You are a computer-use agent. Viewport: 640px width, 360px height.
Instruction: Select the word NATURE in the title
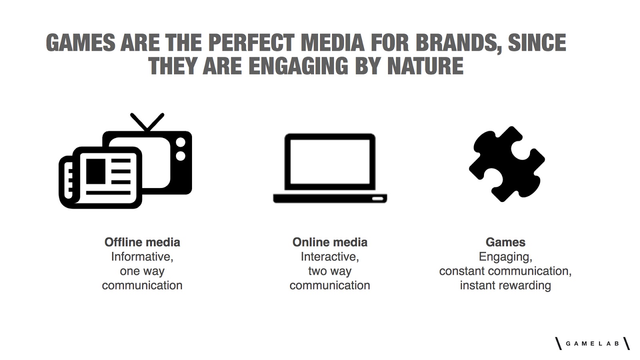pos(425,66)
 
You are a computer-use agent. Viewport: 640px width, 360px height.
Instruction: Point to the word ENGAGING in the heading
pos(298,66)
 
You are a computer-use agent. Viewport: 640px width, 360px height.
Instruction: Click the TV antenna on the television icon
pos(147,122)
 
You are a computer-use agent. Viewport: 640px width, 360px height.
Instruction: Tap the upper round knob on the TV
pos(180,142)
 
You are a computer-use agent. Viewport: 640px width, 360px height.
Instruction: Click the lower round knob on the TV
pos(180,156)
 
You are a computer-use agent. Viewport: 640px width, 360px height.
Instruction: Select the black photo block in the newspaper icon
pos(96,172)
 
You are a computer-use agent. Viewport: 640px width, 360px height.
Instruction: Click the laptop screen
pos(330,162)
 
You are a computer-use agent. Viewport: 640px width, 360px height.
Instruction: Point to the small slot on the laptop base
pos(378,198)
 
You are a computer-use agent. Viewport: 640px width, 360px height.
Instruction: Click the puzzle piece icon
pos(506,164)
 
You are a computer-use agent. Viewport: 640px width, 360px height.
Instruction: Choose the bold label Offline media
pos(142,242)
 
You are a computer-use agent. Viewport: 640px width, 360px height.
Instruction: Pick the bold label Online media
pos(330,242)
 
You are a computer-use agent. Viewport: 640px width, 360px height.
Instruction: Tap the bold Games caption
pos(506,242)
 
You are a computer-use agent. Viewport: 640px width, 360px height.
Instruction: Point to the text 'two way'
pos(330,271)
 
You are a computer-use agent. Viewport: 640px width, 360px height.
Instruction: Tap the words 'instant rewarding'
pos(506,286)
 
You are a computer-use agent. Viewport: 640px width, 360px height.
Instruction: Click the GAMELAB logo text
pos(592,344)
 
